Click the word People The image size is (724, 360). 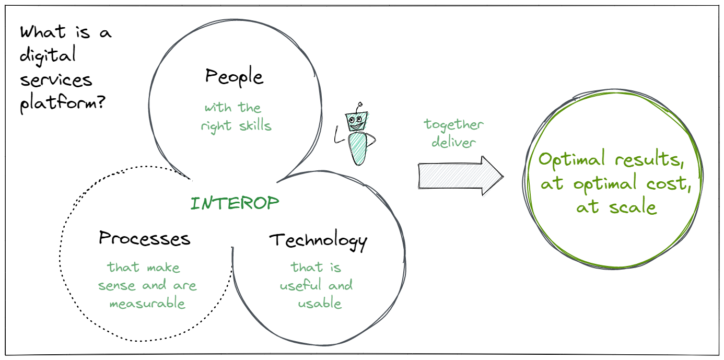click(234, 77)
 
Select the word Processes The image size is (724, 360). click(145, 238)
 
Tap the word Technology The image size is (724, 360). click(318, 240)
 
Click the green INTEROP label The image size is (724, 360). click(235, 203)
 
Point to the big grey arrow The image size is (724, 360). click(461, 176)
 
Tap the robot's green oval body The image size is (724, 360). click(358, 149)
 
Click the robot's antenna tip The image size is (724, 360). click(360, 104)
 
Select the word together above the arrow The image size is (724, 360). click(453, 125)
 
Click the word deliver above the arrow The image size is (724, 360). click(453, 142)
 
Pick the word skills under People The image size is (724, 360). click(255, 125)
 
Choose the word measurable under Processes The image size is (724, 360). click(147, 304)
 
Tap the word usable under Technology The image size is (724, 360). click(320, 304)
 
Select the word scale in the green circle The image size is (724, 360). click(633, 207)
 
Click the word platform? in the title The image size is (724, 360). click(63, 103)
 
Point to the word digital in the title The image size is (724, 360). click(48, 55)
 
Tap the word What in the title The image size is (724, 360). click(43, 32)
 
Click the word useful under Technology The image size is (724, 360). click(300, 285)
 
